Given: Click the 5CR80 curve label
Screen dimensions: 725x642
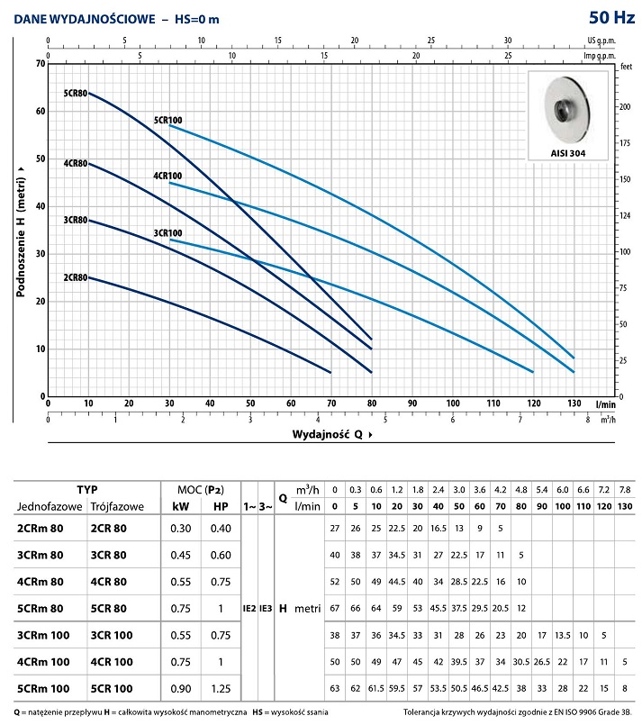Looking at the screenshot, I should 75,93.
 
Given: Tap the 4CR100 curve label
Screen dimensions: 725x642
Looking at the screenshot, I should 167,176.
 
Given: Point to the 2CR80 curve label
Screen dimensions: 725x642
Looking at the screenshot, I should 75,251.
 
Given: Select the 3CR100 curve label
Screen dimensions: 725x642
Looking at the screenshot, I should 167,232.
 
